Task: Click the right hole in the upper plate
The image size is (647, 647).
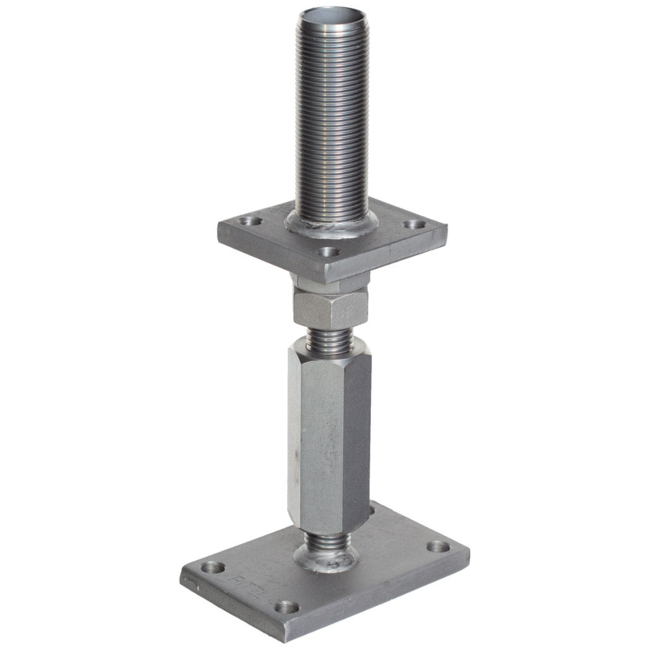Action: [x=414, y=224]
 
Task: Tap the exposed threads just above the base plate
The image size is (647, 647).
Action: [x=326, y=540]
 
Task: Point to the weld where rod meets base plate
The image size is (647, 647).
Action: [x=326, y=559]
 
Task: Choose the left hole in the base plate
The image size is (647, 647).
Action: [x=214, y=567]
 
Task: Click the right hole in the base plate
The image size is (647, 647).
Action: [x=435, y=547]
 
